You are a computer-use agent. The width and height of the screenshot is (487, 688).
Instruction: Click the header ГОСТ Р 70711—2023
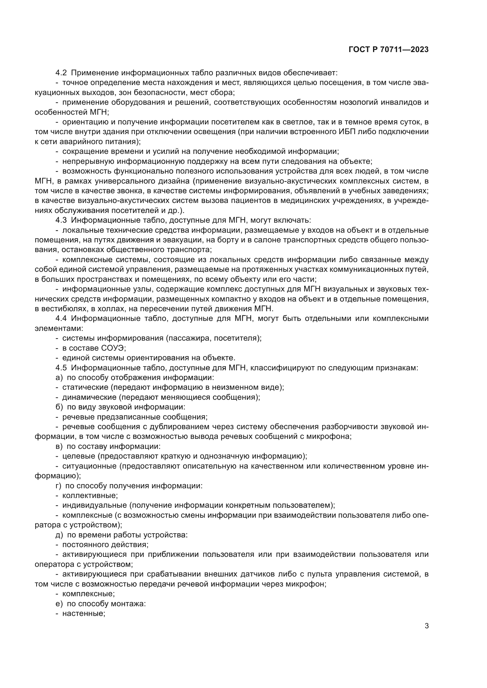pos(388,50)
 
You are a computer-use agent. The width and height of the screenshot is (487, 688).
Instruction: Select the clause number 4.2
pos(62,73)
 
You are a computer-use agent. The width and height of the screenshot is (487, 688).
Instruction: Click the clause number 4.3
pos(62,220)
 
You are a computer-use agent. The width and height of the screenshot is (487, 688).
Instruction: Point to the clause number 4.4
pos(62,319)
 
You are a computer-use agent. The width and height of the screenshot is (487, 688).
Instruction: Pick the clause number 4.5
pos(62,368)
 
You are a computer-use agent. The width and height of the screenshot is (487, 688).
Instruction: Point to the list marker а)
pos(59,378)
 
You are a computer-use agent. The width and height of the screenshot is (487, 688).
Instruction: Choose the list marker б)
pos(59,407)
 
